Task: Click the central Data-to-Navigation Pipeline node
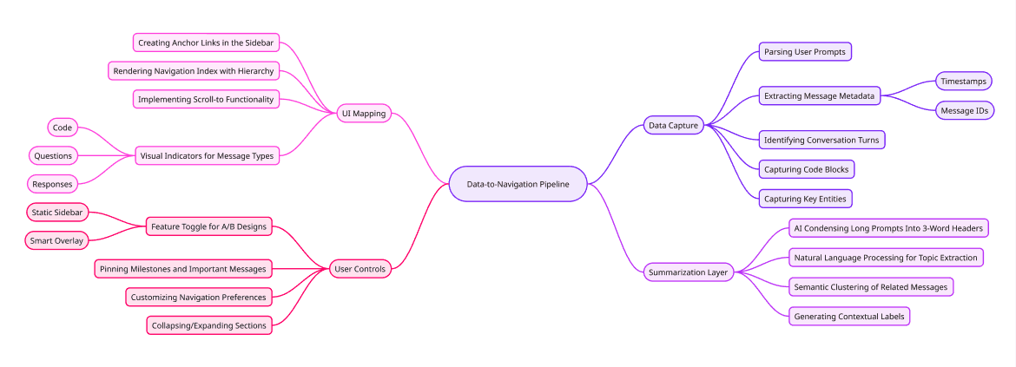tap(518, 184)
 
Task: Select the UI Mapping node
tap(365, 113)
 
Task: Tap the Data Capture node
tap(673, 126)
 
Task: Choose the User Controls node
tap(360, 269)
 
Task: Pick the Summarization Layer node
tap(687, 272)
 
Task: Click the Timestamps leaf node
tap(964, 81)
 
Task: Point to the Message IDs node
tap(964, 111)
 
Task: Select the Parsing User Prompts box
tap(804, 52)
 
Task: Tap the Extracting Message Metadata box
tap(819, 95)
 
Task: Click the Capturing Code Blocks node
tap(805, 168)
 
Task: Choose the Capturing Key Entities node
tap(804, 199)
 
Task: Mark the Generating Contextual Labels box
tap(848, 317)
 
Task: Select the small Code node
tap(62, 128)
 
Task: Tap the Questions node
tap(53, 156)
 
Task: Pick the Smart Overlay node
tap(56, 240)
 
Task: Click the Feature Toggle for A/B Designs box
tap(208, 226)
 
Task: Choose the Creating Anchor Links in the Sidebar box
tap(206, 43)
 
